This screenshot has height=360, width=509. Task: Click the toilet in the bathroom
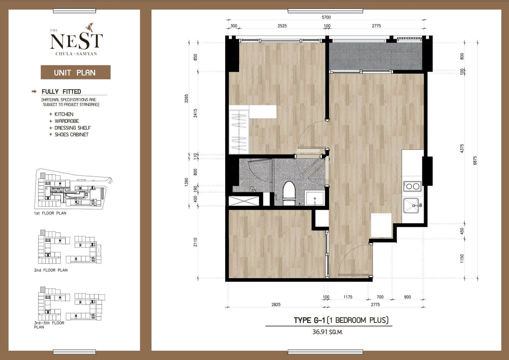pyautogui.click(x=289, y=193)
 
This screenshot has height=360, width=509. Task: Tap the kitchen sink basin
pyautogui.click(x=411, y=206)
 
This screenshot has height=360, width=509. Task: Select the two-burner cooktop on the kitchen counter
pyautogui.click(x=413, y=186)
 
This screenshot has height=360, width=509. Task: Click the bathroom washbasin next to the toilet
pyautogui.click(x=314, y=198)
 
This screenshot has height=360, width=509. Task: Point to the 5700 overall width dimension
pyautogui.click(x=326, y=17)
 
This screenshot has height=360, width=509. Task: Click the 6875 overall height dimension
pyautogui.click(x=475, y=160)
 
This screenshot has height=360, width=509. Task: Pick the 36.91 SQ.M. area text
pyautogui.click(x=327, y=332)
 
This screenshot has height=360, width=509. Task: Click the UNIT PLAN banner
pyautogui.click(x=76, y=72)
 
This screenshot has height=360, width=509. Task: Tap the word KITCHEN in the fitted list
pyautogui.click(x=64, y=114)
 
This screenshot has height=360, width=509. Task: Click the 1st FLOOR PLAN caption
pyautogui.click(x=50, y=213)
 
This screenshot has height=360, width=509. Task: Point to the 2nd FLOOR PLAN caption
pyautogui.click(x=51, y=270)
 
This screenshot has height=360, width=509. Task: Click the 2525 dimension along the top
pyautogui.click(x=282, y=26)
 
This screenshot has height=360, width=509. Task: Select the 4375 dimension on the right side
pyautogui.click(x=462, y=149)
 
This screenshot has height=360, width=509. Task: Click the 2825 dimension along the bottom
pyautogui.click(x=276, y=305)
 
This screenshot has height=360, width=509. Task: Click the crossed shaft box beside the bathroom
pyautogui.click(x=244, y=201)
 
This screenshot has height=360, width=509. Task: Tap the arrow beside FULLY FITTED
pyautogui.click(x=34, y=91)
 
